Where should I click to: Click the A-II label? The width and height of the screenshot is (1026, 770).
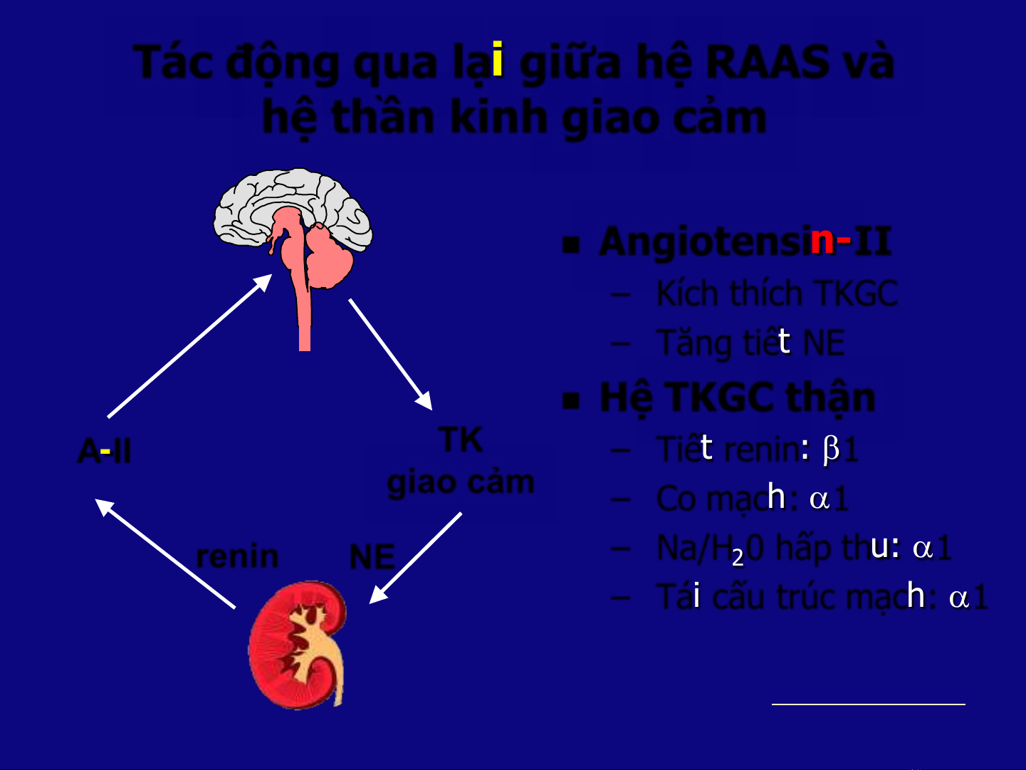[x=105, y=452]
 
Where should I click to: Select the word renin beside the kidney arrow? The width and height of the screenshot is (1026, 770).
[x=237, y=557]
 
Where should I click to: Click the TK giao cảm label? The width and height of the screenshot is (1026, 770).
[x=461, y=462]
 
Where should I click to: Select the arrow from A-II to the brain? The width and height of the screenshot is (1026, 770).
[x=189, y=346]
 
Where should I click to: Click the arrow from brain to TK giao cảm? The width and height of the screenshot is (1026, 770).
[x=389, y=354]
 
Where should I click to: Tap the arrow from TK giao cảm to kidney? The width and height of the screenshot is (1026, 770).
[x=416, y=558]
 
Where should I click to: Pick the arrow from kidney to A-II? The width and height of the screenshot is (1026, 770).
[x=166, y=554]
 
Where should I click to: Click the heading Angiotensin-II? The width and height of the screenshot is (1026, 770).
[x=745, y=241]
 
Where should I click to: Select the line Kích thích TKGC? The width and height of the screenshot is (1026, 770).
[x=776, y=293]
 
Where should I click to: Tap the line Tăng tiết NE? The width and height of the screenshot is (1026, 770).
[x=750, y=343]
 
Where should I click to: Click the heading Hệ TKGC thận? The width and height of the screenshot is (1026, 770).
[x=737, y=397]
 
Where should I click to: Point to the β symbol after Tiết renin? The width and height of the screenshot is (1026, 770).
[x=831, y=450]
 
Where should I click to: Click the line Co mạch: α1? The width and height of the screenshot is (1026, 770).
[x=752, y=499]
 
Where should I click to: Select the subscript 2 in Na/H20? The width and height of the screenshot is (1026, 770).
[x=738, y=558]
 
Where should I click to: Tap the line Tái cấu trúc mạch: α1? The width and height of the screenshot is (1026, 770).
[x=822, y=597]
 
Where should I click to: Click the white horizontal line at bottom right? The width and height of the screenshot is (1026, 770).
[x=868, y=704]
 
